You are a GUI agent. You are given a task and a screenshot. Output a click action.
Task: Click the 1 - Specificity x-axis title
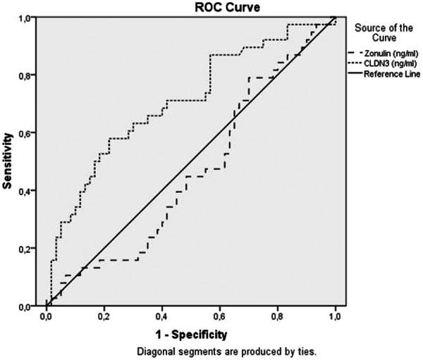point(189,330)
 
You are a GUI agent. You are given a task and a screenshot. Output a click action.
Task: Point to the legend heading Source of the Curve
point(385,32)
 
